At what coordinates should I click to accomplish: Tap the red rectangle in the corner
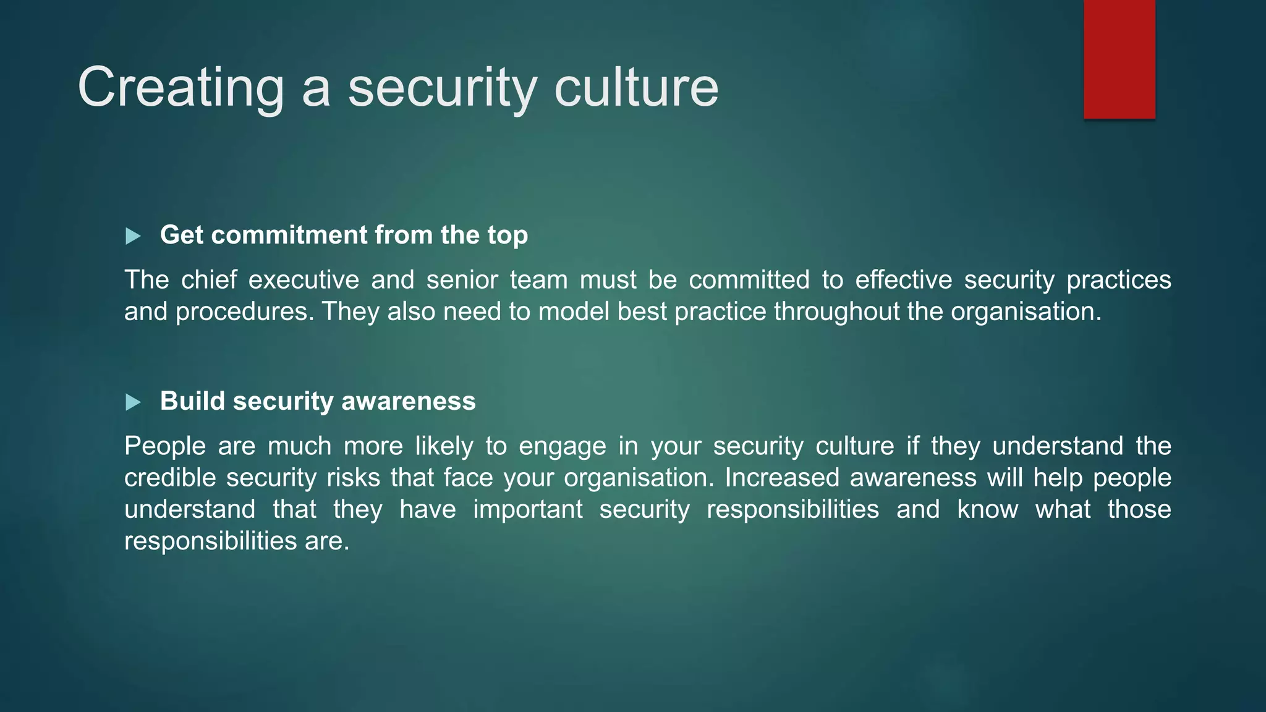click(1119, 59)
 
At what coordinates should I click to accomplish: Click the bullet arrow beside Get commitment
click(133, 236)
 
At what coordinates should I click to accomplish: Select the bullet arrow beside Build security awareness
click(133, 402)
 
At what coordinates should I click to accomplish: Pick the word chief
click(209, 280)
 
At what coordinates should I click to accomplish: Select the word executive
click(304, 280)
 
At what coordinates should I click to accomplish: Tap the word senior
click(462, 280)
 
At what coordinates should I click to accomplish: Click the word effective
click(903, 280)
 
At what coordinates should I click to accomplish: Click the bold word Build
click(192, 401)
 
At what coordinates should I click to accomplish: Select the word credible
click(169, 478)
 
